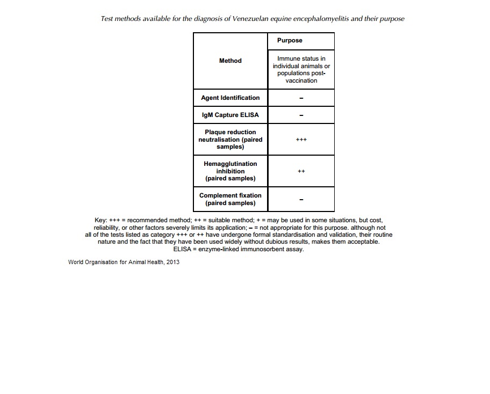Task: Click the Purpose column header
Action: click(290, 41)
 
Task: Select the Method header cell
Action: click(230, 61)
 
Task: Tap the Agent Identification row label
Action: click(230, 98)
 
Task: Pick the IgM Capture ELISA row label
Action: click(230, 115)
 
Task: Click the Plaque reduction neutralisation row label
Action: click(230, 139)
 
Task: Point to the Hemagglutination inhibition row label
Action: click(230, 171)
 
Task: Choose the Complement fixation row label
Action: click(230, 199)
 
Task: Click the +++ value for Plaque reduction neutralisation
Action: click(301, 140)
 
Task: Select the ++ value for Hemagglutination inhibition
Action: click(301, 171)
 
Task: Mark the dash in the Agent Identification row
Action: click(301, 98)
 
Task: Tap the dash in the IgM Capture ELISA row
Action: click(301, 115)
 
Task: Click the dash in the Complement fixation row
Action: click(301, 200)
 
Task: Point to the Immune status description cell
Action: click(301, 69)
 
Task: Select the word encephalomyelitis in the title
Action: click(315, 18)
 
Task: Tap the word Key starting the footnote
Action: click(100, 220)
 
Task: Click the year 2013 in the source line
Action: click(172, 262)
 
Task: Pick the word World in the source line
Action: click(77, 262)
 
